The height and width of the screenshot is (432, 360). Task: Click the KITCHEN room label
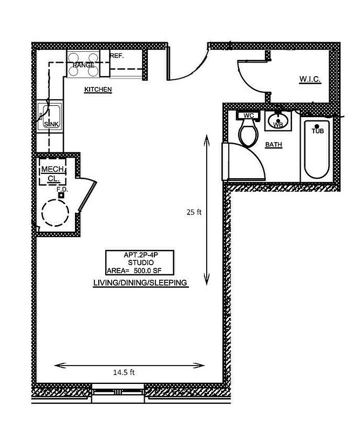pyautogui.click(x=98, y=89)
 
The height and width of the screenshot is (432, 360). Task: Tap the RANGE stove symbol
pyautogui.click(x=84, y=64)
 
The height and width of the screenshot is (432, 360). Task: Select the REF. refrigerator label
pyautogui.click(x=117, y=56)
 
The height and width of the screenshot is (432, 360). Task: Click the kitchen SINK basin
pyautogui.click(x=51, y=116)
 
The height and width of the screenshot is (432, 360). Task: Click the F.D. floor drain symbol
pyautogui.click(x=61, y=195)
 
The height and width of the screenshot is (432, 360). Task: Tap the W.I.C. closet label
pyautogui.click(x=310, y=79)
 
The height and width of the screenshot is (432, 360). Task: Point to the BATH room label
pyautogui.click(x=274, y=145)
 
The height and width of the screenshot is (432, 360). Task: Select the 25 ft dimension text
pyautogui.click(x=194, y=212)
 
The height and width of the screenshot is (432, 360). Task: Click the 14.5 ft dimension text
pyautogui.click(x=124, y=372)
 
